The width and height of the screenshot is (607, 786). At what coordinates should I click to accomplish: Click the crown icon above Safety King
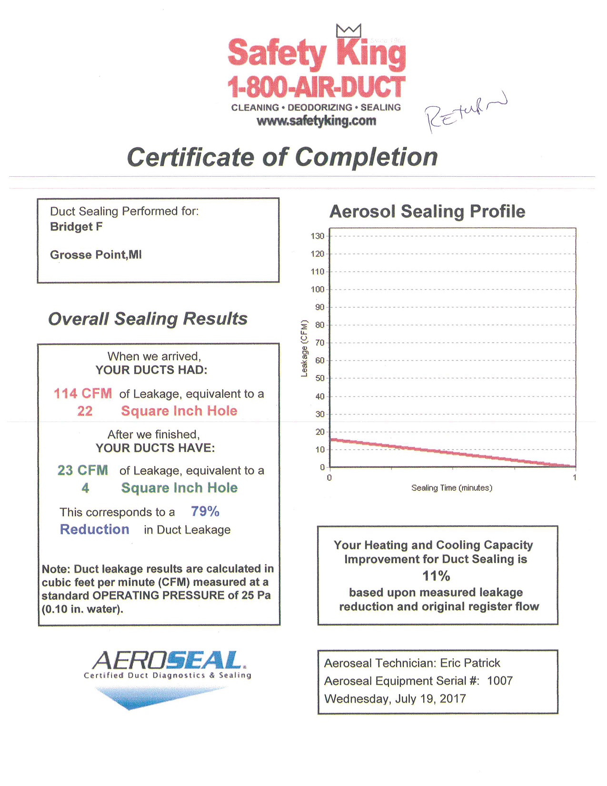point(348,30)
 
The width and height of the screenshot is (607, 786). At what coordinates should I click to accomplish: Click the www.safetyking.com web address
point(316,121)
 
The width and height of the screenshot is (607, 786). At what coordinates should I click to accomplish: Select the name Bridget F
point(76,227)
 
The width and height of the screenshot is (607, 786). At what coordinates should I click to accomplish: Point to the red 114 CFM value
point(83,393)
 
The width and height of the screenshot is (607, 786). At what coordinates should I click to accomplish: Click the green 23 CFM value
point(83,470)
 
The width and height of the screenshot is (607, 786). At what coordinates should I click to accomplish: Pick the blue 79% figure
point(205,512)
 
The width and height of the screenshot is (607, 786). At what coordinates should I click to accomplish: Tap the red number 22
point(85,411)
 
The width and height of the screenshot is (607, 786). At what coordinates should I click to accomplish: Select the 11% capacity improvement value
point(436,576)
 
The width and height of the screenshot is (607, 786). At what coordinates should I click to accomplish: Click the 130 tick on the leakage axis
point(318,236)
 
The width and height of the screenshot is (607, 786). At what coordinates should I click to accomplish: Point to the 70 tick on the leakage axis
point(319,343)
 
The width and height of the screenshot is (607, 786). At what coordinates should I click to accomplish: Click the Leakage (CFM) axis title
point(305,348)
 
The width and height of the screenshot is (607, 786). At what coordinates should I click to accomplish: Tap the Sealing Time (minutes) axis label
point(452,488)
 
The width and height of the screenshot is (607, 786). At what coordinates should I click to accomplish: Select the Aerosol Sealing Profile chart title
point(427,212)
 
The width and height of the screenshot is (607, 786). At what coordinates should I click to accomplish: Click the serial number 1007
point(500,681)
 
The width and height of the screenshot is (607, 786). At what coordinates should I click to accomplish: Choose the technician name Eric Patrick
point(470,663)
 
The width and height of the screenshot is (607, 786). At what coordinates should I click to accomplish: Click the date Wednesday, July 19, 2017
point(395,699)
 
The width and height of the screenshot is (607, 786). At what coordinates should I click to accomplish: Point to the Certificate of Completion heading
point(282,157)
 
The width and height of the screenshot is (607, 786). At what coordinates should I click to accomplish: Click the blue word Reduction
point(94,529)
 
